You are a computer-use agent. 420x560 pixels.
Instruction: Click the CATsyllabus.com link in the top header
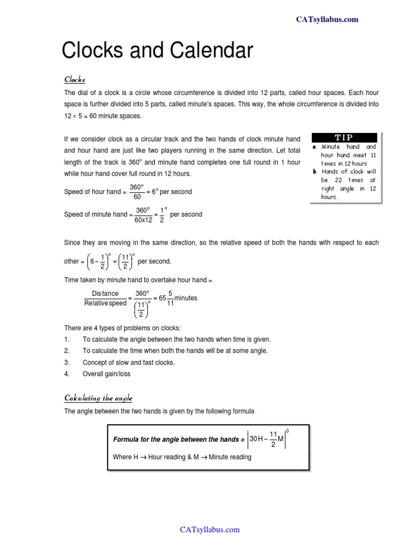(x=327, y=20)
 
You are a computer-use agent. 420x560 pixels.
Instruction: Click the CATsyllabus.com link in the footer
(x=210, y=529)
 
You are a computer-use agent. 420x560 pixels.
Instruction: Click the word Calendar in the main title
(x=205, y=51)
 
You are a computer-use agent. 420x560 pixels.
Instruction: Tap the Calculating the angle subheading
(x=98, y=398)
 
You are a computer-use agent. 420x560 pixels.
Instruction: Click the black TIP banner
(x=343, y=138)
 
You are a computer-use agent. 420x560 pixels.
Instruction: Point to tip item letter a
(x=315, y=147)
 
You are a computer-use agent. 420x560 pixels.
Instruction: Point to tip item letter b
(x=315, y=172)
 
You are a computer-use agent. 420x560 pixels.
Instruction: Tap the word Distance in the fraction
(x=105, y=294)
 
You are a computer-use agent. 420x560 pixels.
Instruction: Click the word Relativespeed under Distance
(x=105, y=303)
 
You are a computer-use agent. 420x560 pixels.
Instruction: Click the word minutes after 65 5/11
(x=186, y=298)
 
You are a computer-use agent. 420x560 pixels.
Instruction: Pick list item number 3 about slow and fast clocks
(x=129, y=362)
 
